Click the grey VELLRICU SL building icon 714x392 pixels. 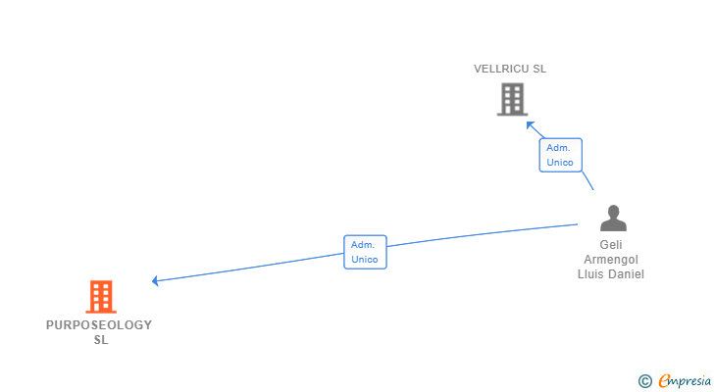click(x=512, y=99)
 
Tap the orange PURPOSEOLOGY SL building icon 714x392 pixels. click(x=100, y=296)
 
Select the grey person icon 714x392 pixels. click(x=613, y=218)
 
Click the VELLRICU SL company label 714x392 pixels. click(x=510, y=70)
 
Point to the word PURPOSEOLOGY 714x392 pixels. click(x=99, y=325)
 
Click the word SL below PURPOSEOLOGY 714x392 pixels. click(x=100, y=340)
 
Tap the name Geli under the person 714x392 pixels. click(x=611, y=245)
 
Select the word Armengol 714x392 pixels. click(x=611, y=260)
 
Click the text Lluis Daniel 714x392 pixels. click(x=611, y=274)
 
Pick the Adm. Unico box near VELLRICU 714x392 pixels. click(x=560, y=155)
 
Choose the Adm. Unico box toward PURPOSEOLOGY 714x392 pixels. click(x=365, y=252)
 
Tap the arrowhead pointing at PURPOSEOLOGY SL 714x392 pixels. click(x=156, y=281)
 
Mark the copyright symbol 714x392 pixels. click(x=644, y=381)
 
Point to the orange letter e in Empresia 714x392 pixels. click(x=664, y=381)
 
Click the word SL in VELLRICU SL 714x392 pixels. click(x=538, y=70)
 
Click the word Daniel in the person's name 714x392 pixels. click(x=626, y=274)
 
